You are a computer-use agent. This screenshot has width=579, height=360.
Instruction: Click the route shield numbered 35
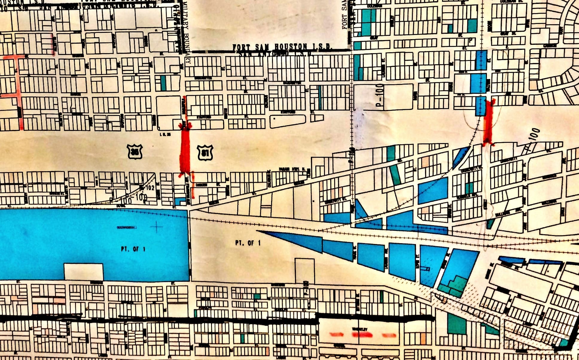(x=135, y=152)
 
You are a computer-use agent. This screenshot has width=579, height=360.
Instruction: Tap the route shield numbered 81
(x=205, y=153)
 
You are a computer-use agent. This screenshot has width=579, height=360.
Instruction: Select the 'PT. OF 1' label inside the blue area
(x=133, y=249)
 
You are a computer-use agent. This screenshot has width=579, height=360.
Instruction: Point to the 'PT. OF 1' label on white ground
(x=248, y=243)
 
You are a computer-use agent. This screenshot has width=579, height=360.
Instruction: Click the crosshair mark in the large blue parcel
(x=156, y=227)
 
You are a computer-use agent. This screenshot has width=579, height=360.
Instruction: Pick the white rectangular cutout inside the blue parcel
(x=84, y=272)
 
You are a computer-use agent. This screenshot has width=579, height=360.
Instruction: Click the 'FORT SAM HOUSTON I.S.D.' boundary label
(x=282, y=47)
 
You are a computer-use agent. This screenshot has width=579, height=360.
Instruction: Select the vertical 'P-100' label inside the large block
(x=380, y=95)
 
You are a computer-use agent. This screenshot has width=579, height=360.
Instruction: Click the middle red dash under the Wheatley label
(x=362, y=335)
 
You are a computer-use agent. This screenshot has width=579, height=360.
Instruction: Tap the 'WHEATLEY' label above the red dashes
(x=360, y=329)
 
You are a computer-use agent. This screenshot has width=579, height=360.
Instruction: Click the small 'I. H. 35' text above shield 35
(x=165, y=135)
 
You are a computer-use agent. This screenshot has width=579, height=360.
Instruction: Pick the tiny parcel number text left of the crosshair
(x=127, y=228)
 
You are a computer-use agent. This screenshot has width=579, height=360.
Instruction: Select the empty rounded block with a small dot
(x=288, y=121)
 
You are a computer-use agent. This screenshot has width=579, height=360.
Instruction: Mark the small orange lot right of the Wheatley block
(x=423, y=338)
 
